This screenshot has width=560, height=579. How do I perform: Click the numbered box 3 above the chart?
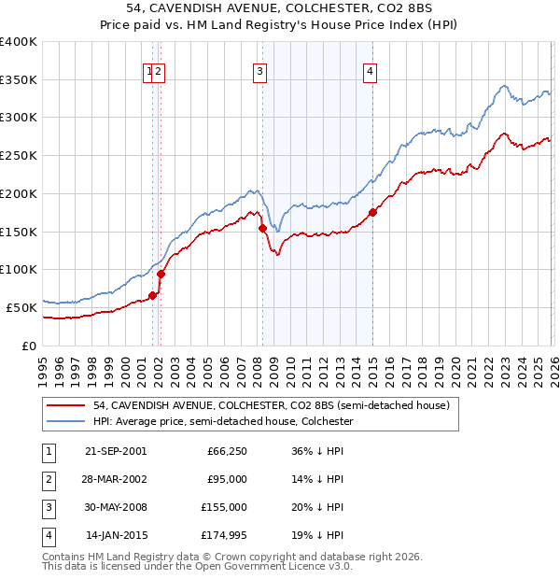coord(259,71)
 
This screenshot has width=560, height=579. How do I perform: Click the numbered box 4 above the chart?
coord(370,71)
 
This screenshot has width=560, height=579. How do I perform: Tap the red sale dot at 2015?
coord(372,213)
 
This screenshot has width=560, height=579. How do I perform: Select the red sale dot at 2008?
coord(262,228)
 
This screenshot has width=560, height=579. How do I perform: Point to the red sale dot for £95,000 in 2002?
coord(161,274)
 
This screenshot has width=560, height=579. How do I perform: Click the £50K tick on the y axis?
coord(21,307)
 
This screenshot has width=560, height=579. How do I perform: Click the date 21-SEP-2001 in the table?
coord(116,450)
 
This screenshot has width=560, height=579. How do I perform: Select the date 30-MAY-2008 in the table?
coord(116,508)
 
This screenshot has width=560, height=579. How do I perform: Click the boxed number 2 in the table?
coord(46,479)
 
